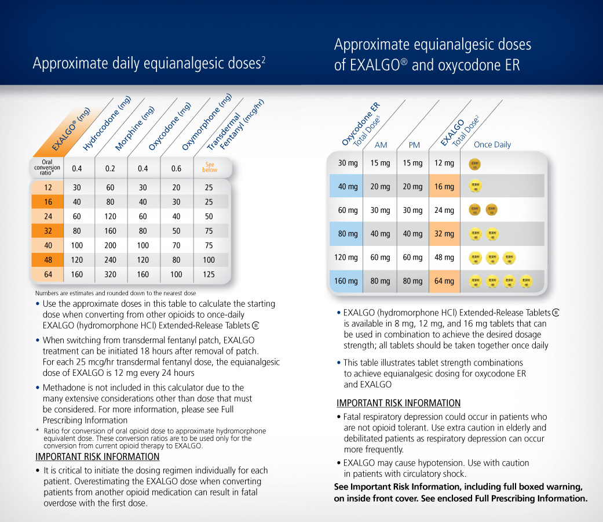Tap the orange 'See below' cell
coord(210,168)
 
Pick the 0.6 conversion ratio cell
coord(176,169)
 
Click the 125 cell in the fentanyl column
coord(209,274)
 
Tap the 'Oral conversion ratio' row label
coord(47,168)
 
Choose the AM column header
coord(381,145)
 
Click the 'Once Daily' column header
coord(492,145)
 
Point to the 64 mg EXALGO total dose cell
coord(444,281)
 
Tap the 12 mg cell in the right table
coord(444,163)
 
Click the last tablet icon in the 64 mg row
coord(525,281)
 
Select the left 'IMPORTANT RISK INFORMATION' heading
coord(97,456)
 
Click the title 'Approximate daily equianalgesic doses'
coord(149,63)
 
